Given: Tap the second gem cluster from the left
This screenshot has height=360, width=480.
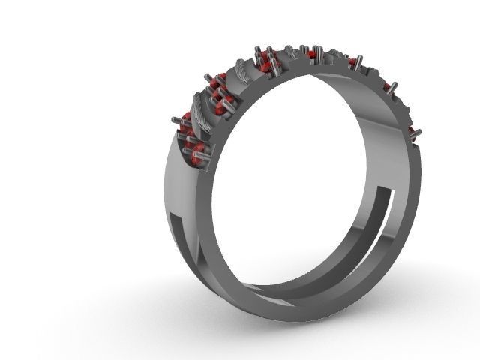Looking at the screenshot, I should pos(218,104).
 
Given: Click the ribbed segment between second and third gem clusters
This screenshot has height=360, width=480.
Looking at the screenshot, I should pos(243,73).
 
